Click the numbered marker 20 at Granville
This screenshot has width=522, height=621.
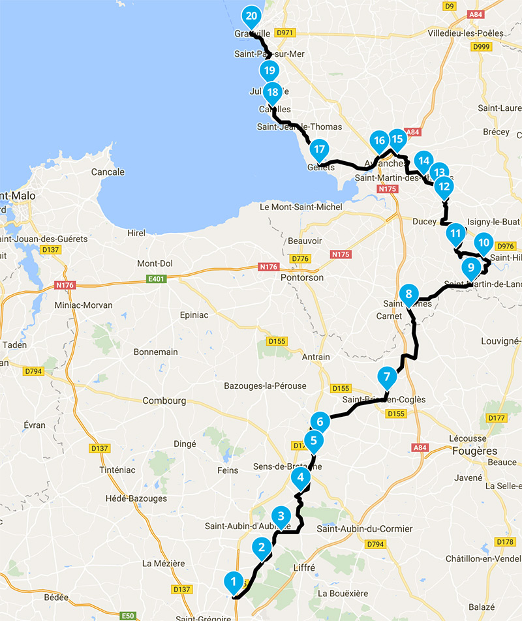[x=252, y=16]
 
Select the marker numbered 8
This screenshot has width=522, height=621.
[x=408, y=294]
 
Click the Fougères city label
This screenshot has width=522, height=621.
[x=474, y=451]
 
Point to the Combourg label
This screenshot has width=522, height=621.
[x=164, y=401]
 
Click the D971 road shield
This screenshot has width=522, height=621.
[x=286, y=32]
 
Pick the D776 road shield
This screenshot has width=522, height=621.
[x=300, y=260]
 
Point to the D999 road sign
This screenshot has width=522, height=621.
[x=481, y=46]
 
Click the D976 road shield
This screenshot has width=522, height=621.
[x=506, y=246]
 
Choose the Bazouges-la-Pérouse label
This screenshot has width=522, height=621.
[x=265, y=386]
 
